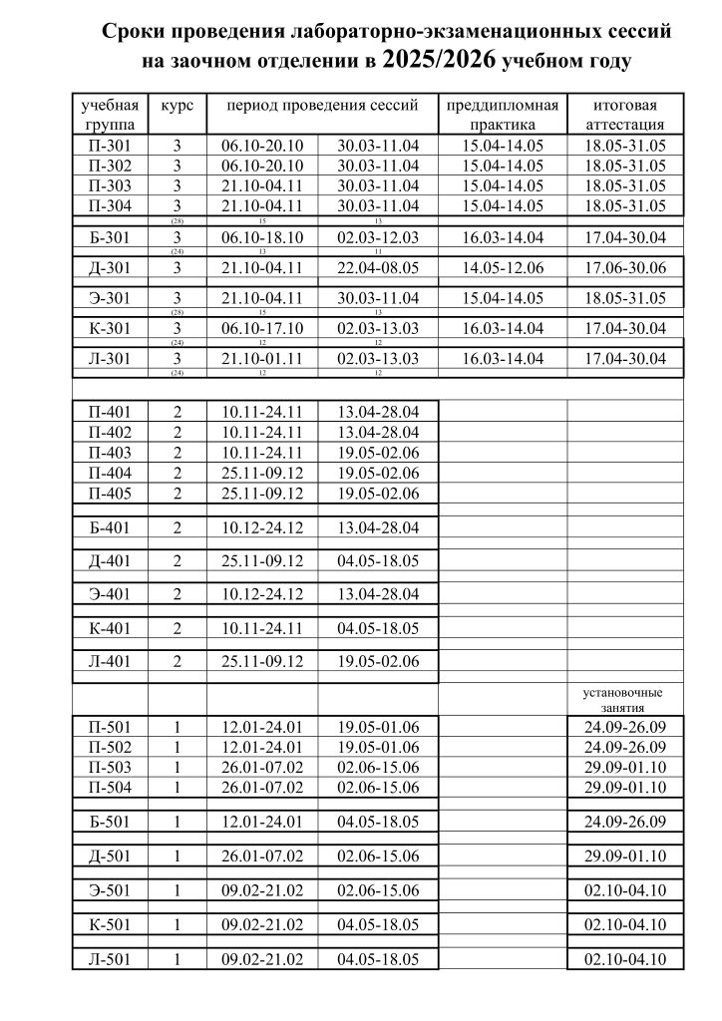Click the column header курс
pyautogui.click(x=177, y=105)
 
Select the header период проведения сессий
pyautogui.click(x=321, y=105)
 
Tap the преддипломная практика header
pyautogui.click(x=504, y=115)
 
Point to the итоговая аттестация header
pyautogui.click(x=625, y=115)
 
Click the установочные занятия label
pyautogui.click(x=623, y=699)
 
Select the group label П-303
pyautogui.click(x=109, y=185)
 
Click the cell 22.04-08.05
pyautogui.click(x=378, y=266)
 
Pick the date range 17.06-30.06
pyautogui.click(x=625, y=266)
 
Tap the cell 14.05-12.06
pyautogui.click(x=504, y=266)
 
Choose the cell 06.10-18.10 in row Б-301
pyautogui.click(x=262, y=237)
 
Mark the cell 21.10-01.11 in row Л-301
pyautogui.click(x=262, y=358)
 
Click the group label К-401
pyautogui.click(x=110, y=628)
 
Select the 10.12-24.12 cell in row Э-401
pyautogui.click(x=262, y=594)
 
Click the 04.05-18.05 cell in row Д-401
pyautogui.click(x=378, y=560)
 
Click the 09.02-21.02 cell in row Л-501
pyautogui.click(x=262, y=959)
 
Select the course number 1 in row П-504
pyautogui.click(x=177, y=789)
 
